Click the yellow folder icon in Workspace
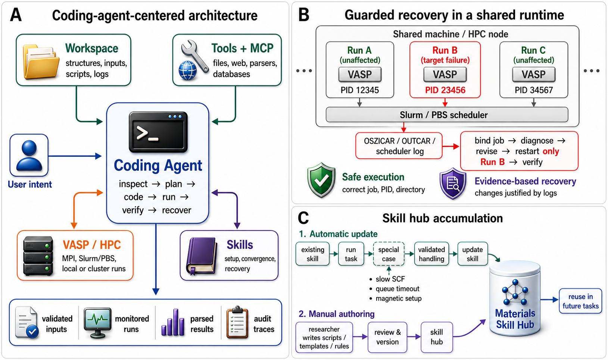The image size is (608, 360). pos(41,62)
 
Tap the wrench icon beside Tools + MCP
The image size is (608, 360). pos(195,56)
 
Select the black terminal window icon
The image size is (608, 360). pos(158,132)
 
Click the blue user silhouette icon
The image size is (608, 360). pos(29,155)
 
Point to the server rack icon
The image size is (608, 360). pos(38,256)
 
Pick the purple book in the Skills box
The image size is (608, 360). pos(202,256)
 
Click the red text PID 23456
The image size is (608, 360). pos(445,90)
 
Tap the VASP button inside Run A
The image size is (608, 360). pos(360,74)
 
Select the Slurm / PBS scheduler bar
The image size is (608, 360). pos(447,115)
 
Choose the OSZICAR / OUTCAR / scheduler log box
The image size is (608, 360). pos(399,146)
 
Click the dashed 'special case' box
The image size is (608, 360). pos(389,254)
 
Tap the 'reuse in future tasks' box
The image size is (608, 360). pos(580,301)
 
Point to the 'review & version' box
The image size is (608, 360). pos(387,337)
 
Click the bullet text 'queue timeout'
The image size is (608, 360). pos(397,289)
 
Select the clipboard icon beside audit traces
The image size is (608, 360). pos(237,323)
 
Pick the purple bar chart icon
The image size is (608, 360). pos(173,322)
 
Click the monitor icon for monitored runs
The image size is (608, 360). pos(97,322)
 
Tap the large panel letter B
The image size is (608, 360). pos(304,15)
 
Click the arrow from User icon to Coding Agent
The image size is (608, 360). pos(75,156)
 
